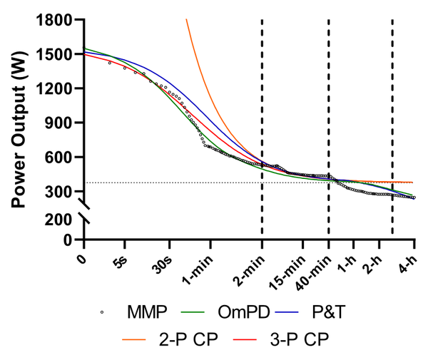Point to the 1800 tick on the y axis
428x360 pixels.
point(57,20)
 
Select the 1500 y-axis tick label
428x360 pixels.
point(57,54)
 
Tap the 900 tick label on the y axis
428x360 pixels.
point(61,123)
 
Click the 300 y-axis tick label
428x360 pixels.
point(61,191)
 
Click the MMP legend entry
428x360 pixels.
point(135,312)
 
